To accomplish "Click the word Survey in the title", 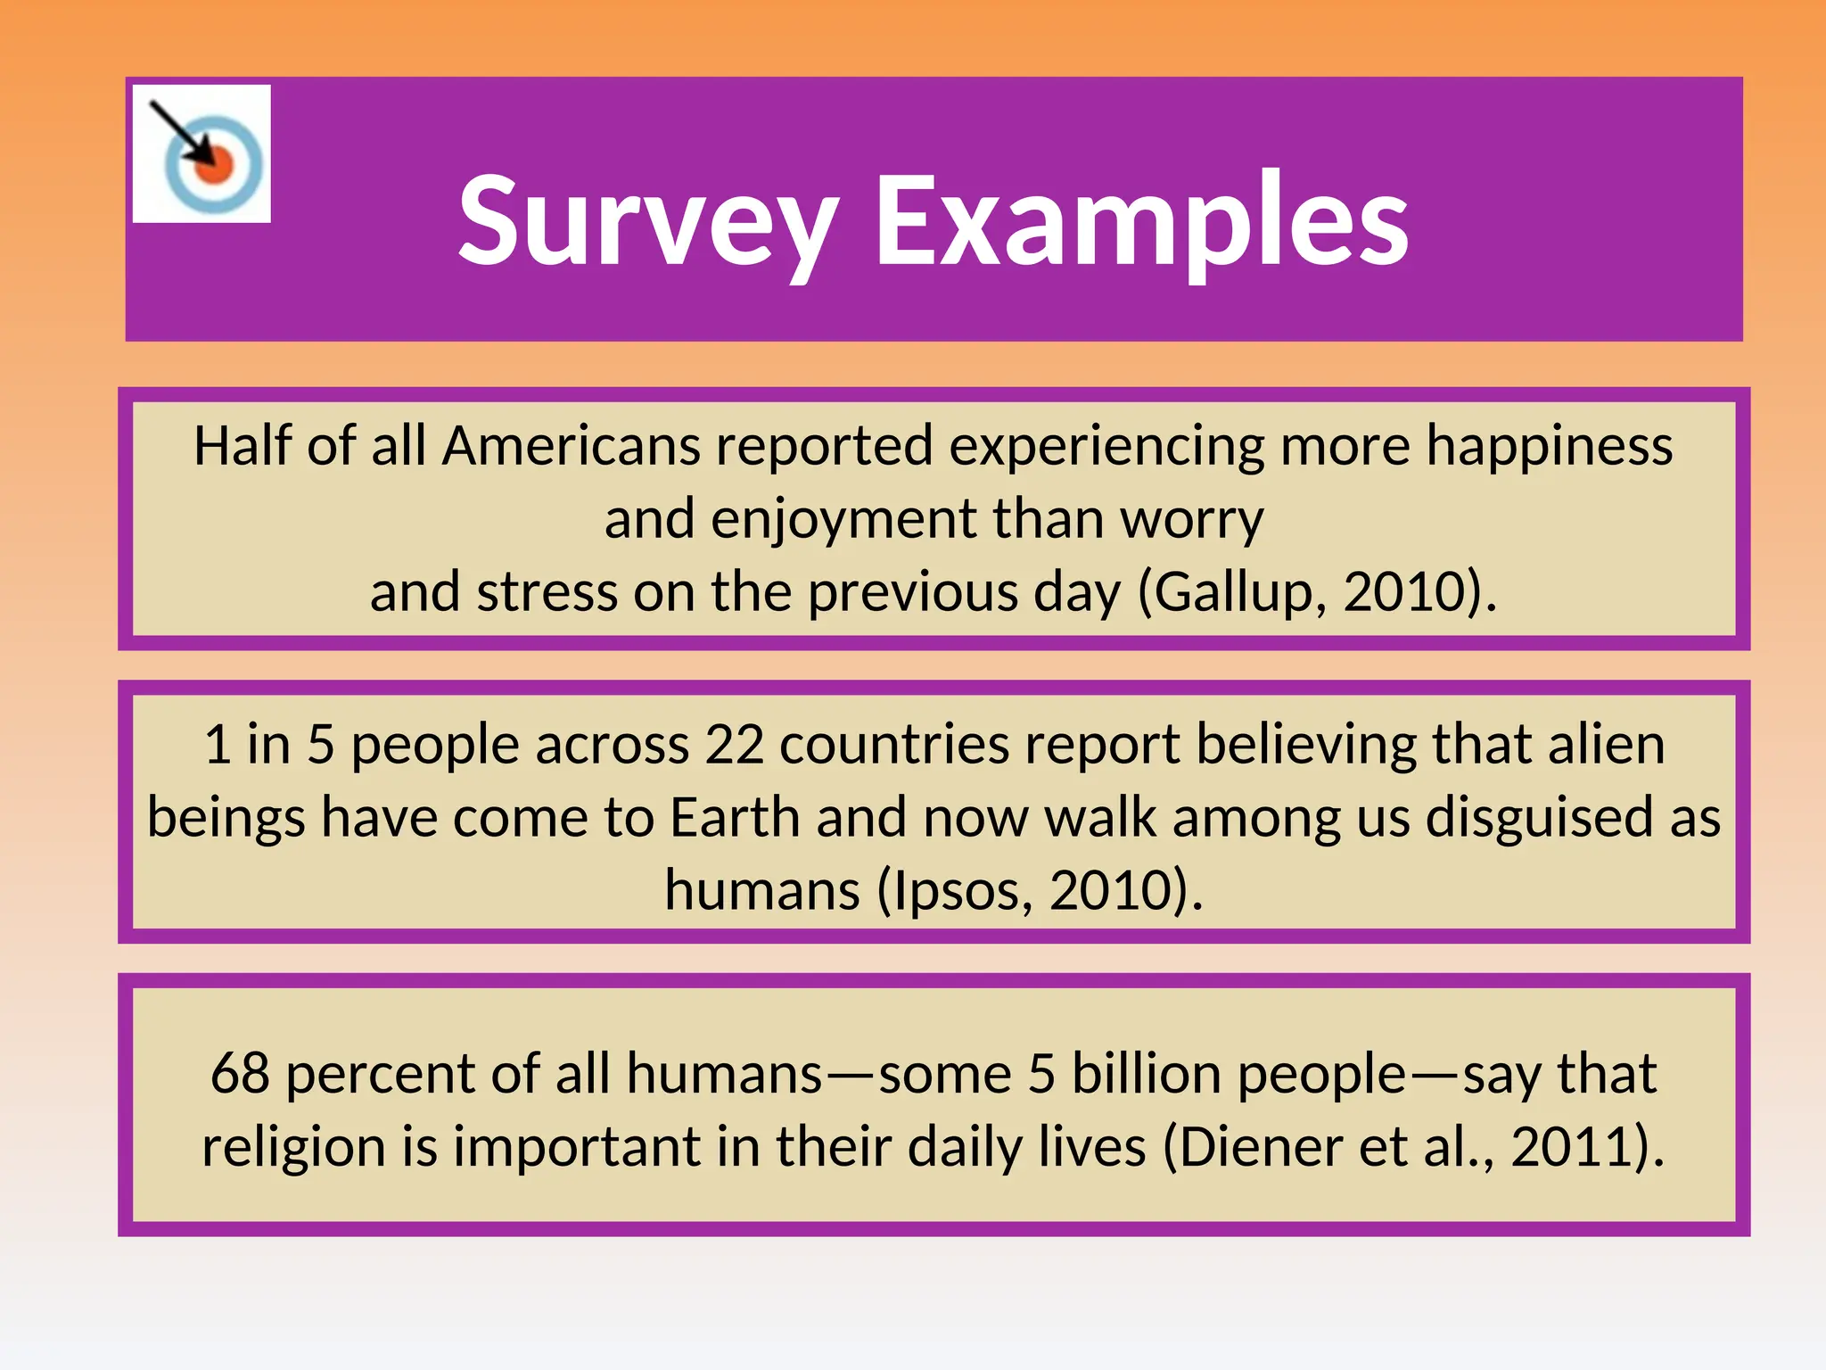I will (648, 220).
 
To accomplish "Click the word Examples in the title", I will (1141, 220).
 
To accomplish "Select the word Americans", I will (572, 445).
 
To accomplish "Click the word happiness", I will (1550, 445).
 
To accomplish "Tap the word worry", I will (1191, 518).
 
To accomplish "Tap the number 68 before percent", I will (240, 1073).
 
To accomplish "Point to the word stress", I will (547, 591).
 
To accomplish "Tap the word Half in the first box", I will (242, 445).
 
